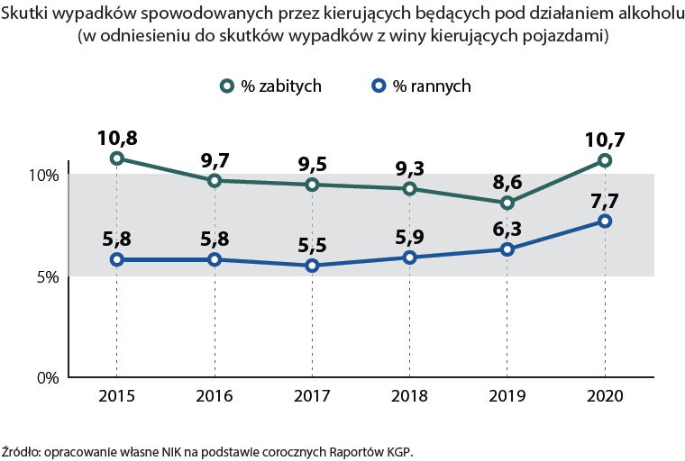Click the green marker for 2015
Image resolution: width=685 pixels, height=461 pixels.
[x=116, y=158]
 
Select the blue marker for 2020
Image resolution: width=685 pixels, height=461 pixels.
[x=605, y=221]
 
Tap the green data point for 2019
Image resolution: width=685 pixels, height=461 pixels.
[x=507, y=203]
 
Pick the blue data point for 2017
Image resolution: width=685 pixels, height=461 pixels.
[x=312, y=266]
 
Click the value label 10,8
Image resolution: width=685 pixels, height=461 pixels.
[x=116, y=139]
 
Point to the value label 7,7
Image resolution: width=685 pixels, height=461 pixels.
[x=605, y=201]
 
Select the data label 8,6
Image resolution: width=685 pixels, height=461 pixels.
[x=507, y=183]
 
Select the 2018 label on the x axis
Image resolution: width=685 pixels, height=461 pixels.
[x=409, y=396]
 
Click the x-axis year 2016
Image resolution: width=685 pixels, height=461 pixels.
[x=214, y=396]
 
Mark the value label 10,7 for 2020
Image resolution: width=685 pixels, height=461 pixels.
[x=605, y=140]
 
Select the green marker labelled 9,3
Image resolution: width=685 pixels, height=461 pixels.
[x=409, y=188]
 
